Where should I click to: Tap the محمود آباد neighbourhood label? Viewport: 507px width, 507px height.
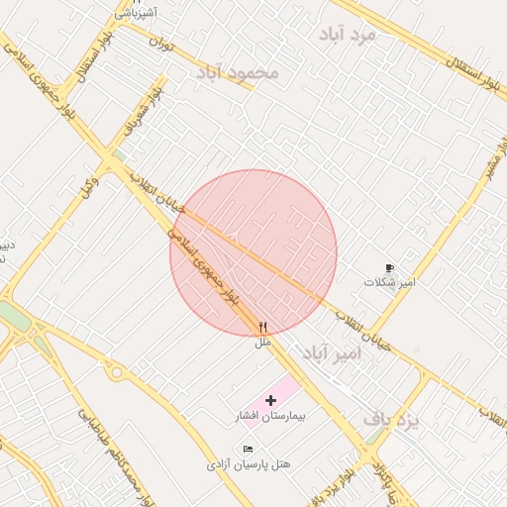tap(238, 73)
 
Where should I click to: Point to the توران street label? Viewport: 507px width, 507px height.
tap(161, 43)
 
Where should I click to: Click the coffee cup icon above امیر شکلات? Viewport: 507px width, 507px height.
tap(389, 268)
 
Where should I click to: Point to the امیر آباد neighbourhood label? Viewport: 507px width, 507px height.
tap(330, 354)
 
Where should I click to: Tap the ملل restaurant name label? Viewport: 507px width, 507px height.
tap(262, 342)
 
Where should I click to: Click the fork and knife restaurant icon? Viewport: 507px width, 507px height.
tap(262, 327)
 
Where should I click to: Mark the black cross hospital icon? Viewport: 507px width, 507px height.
tap(271, 400)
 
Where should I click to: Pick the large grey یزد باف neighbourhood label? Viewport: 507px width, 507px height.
tap(391, 420)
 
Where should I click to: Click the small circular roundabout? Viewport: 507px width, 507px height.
tap(117, 373)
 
